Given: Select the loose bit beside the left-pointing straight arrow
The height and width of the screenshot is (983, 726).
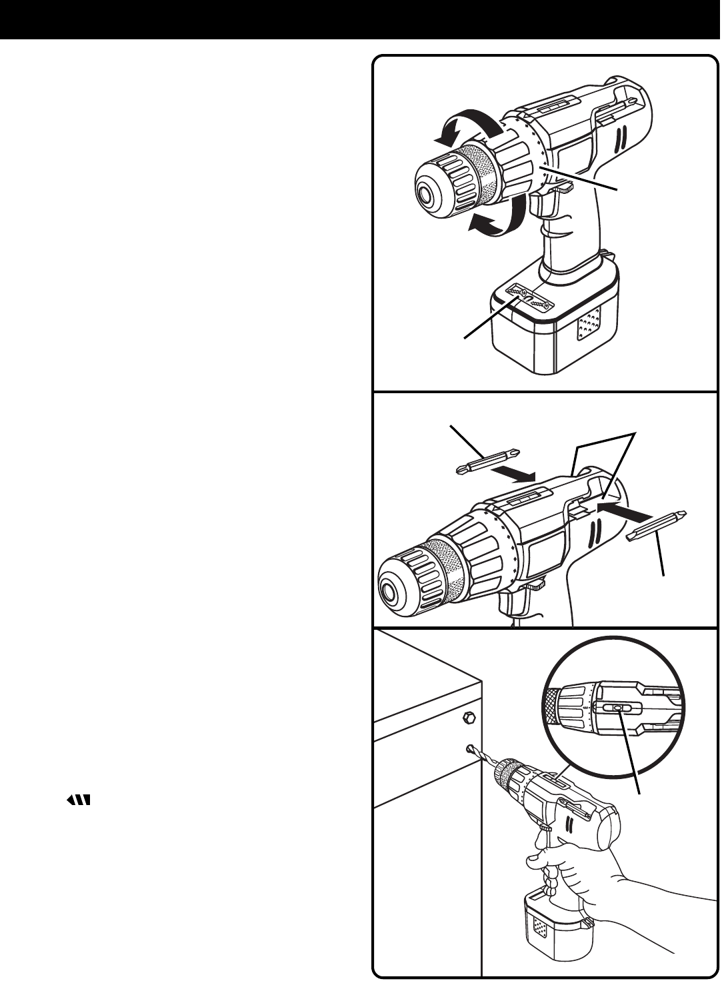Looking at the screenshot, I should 657,525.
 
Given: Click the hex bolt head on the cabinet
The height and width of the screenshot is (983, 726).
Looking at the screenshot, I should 468,718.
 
